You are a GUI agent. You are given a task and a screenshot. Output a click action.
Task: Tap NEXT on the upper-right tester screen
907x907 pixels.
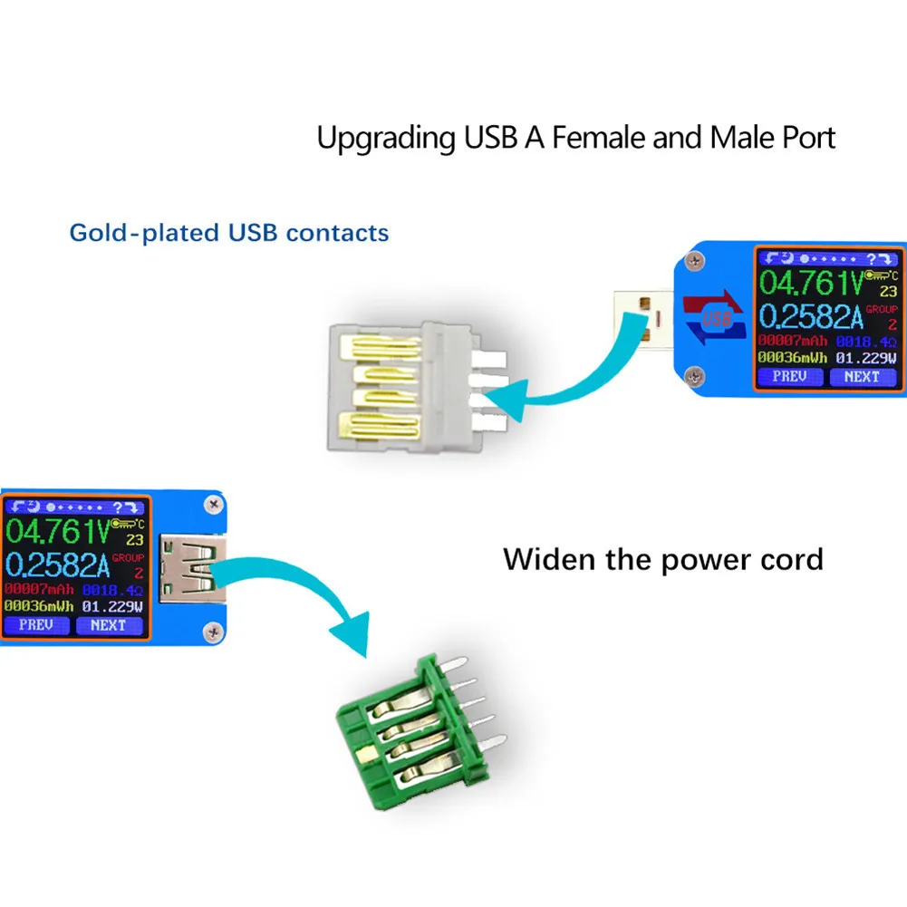pos(862,376)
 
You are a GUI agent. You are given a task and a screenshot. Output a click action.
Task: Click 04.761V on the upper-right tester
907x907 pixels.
pos(810,283)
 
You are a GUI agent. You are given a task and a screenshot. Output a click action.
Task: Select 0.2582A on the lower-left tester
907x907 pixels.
pos(58,566)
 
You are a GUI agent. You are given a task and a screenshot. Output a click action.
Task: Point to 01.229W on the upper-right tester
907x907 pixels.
pos(867,357)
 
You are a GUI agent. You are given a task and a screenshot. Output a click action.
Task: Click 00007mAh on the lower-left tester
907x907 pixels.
pos(38,590)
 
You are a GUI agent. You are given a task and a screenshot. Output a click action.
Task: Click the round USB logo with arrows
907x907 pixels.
pos(714,319)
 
